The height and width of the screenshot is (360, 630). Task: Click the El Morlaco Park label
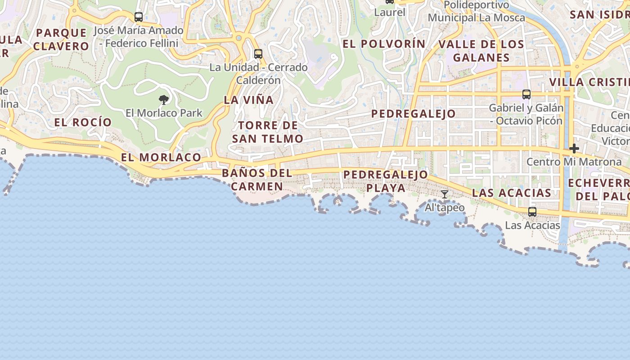[x=164, y=113]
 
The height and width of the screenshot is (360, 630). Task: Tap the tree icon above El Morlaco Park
[x=164, y=99]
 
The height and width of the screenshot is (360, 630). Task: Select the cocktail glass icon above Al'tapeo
[x=445, y=194]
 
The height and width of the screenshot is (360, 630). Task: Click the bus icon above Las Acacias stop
[x=532, y=211]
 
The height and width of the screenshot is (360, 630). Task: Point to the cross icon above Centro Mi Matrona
[x=574, y=148]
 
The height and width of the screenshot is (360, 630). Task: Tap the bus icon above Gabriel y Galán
[x=526, y=94]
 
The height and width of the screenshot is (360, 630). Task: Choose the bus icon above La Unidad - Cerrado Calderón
[x=258, y=54]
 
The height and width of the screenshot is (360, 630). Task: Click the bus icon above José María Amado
[x=139, y=17]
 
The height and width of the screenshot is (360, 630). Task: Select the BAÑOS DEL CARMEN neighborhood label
[x=257, y=180]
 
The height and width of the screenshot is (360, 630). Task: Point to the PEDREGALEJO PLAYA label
[x=386, y=181]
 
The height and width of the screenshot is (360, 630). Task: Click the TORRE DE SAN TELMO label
[x=268, y=132]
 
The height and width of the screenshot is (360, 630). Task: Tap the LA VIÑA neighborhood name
[x=249, y=100]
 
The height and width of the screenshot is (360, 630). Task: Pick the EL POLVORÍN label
[x=384, y=44]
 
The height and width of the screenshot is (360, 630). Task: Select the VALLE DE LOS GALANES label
[x=481, y=51]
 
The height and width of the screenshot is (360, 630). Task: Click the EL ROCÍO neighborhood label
[x=83, y=122]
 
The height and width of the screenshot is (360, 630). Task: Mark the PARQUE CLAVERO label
[x=61, y=39]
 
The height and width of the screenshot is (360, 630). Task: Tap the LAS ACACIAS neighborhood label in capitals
[x=511, y=193]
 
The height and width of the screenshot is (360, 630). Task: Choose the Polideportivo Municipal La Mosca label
[x=477, y=11]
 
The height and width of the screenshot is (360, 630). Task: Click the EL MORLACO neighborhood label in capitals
[x=161, y=157]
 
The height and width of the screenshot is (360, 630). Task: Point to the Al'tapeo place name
[x=445, y=208]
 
